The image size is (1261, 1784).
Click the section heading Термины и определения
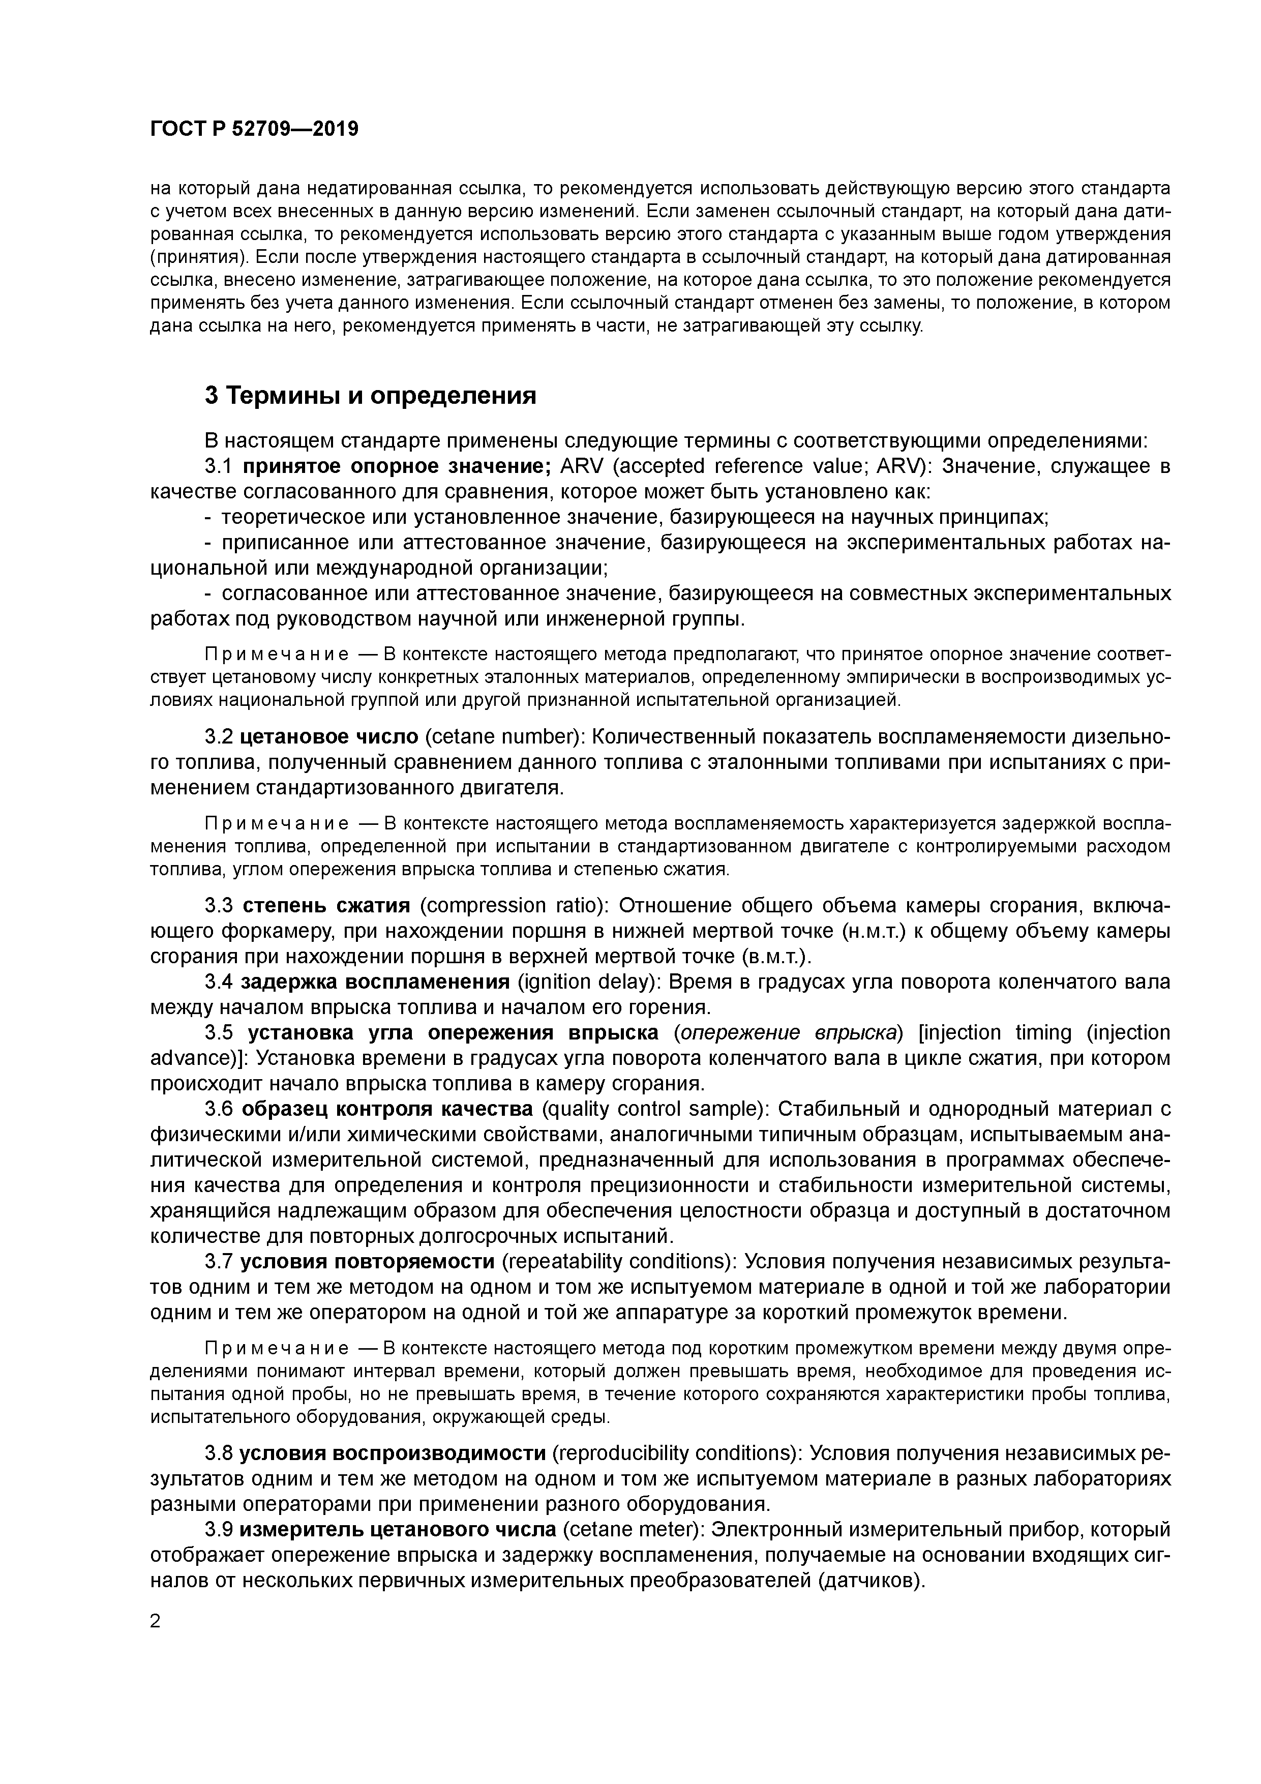coord(371,396)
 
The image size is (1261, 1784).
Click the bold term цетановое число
coord(329,736)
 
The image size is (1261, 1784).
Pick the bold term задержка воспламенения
coord(375,982)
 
